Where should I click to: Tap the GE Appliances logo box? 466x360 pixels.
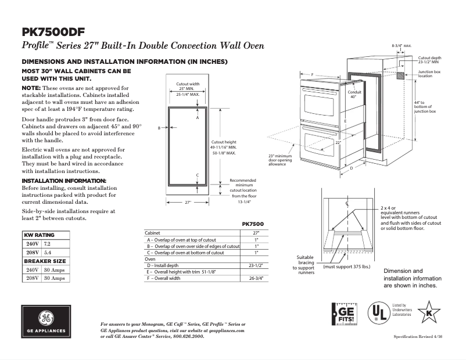(x=46, y=323)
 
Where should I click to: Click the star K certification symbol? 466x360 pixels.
(x=429, y=312)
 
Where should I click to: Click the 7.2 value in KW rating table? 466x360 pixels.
(x=48, y=244)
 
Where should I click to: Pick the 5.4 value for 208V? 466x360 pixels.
(x=48, y=253)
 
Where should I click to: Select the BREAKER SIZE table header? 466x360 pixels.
(x=44, y=261)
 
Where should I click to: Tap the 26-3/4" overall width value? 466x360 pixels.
(x=256, y=278)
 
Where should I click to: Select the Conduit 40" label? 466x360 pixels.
(x=354, y=94)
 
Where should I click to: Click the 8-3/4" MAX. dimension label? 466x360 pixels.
(x=401, y=45)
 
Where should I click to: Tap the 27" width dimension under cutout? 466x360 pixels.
(x=188, y=202)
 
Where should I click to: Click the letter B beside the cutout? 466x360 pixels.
(x=159, y=128)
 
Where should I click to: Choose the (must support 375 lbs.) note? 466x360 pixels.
(x=347, y=267)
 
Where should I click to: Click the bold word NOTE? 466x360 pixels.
(x=31, y=87)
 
